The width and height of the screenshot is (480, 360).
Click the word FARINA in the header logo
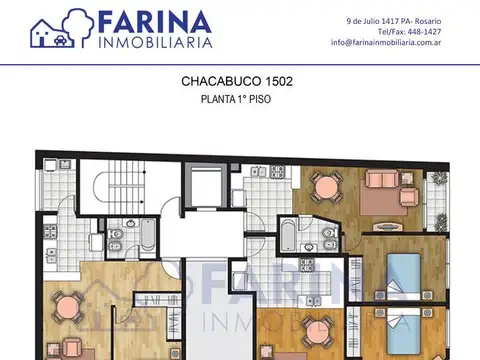click(x=154, y=23)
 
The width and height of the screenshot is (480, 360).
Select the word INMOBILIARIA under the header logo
click(x=154, y=44)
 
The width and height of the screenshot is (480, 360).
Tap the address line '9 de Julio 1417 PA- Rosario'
click(x=393, y=19)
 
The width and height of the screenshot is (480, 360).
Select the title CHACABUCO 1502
click(x=236, y=80)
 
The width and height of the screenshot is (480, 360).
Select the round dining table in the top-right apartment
click(x=326, y=187)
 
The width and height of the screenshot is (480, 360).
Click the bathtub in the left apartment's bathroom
click(x=148, y=236)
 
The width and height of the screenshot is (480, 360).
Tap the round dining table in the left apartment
click(x=66, y=307)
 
